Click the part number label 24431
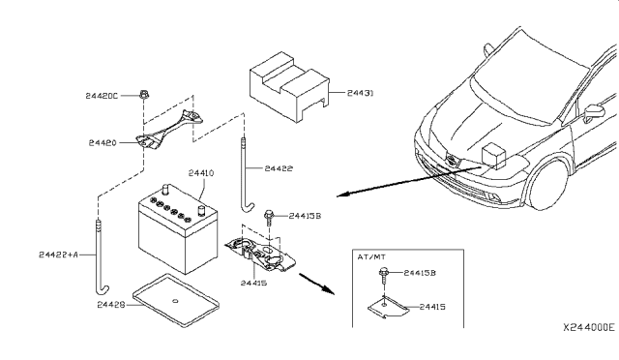[360, 93]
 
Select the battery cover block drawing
[289, 87]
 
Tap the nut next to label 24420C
[144, 95]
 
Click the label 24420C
[102, 96]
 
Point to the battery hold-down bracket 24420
[169, 130]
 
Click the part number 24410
[201, 173]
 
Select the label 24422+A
[58, 255]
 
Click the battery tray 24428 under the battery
[176, 300]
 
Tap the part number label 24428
[111, 305]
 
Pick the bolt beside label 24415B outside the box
[269, 217]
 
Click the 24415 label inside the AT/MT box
[432, 307]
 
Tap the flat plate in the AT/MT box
[389, 308]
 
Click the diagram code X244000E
[589, 328]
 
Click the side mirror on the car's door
[594, 112]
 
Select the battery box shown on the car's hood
[493, 156]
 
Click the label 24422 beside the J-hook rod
[279, 168]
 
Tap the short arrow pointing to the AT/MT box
[316, 284]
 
